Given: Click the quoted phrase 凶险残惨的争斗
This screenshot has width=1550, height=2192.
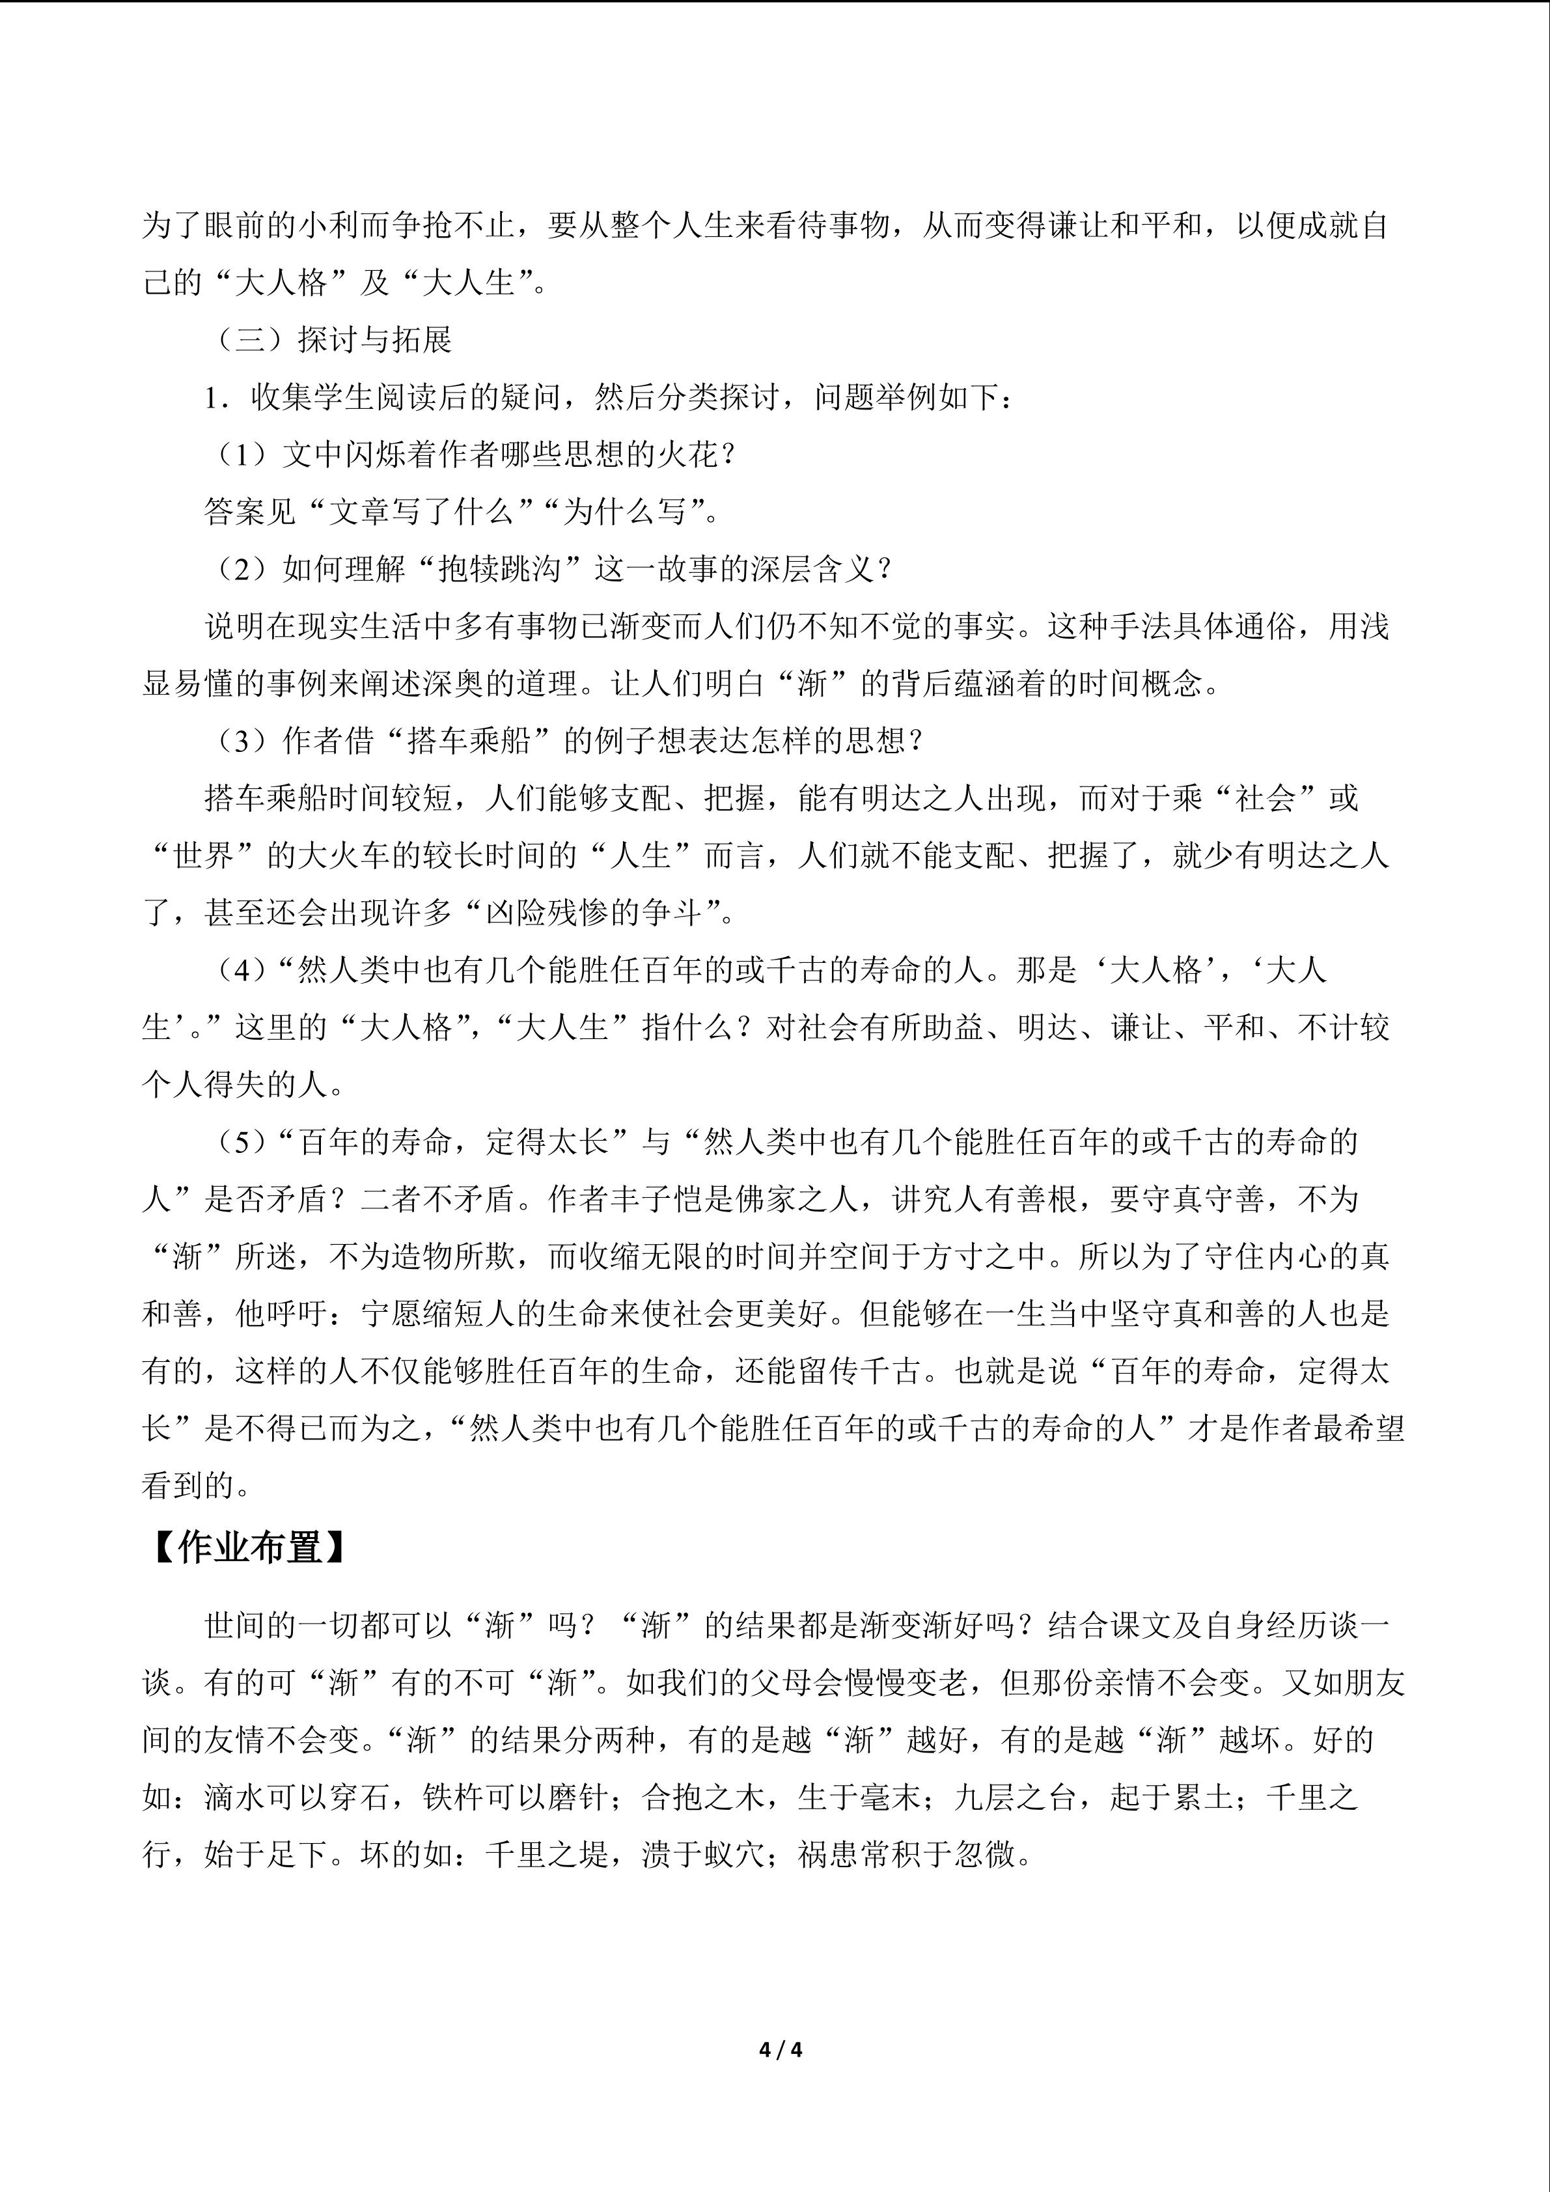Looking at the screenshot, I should [594, 913].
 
